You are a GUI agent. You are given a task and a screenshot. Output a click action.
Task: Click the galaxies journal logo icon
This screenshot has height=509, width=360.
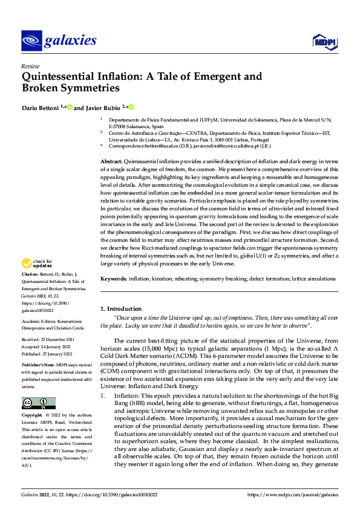[x=31, y=41]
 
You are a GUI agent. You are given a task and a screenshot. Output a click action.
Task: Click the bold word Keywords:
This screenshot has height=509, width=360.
[x=114, y=279]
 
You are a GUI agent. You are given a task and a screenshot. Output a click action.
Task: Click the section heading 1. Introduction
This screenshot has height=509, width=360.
[x=121, y=309]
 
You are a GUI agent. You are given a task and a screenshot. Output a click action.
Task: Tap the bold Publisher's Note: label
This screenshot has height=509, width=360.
[x=38, y=366]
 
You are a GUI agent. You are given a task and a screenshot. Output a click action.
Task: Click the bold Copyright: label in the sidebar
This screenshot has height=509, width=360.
[x=33, y=417]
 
